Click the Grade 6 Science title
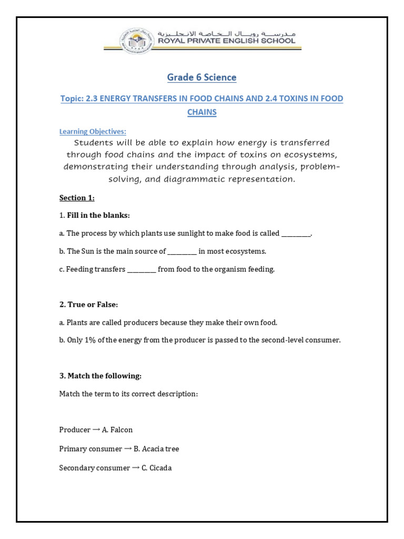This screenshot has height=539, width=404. click(201, 77)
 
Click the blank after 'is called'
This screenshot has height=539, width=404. click(296, 234)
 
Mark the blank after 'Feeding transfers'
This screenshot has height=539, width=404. click(142, 269)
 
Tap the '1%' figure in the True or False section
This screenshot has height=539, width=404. click(90, 340)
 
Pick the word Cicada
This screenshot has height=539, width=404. click(160, 467)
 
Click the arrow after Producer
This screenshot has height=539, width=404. click(96, 430)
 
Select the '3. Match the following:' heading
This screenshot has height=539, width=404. click(100, 376)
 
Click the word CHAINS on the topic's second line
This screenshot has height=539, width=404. click(202, 112)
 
